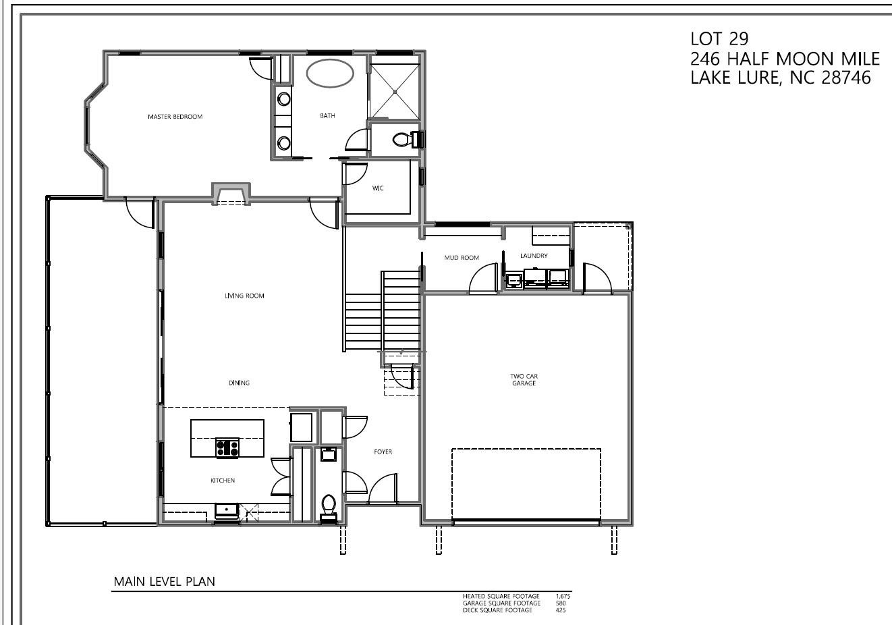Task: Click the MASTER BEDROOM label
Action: click(175, 117)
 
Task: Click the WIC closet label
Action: click(378, 188)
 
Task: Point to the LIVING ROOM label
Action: click(244, 296)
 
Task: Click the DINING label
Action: click(239, 383)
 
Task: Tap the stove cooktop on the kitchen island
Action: click(227, 447)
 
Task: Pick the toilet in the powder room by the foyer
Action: click(329, 505)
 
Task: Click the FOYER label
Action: click(383, 452)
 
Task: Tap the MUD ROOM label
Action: click(462, 258)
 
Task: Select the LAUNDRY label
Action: click(534, 256)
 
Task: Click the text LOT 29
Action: click(715, 38)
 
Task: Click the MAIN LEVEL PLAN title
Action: click(164, 582)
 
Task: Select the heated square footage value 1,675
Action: click(563, 597)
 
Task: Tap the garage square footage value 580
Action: click(560, 603)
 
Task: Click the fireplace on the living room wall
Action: click(231, 194)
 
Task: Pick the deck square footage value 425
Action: click(560, 610)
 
